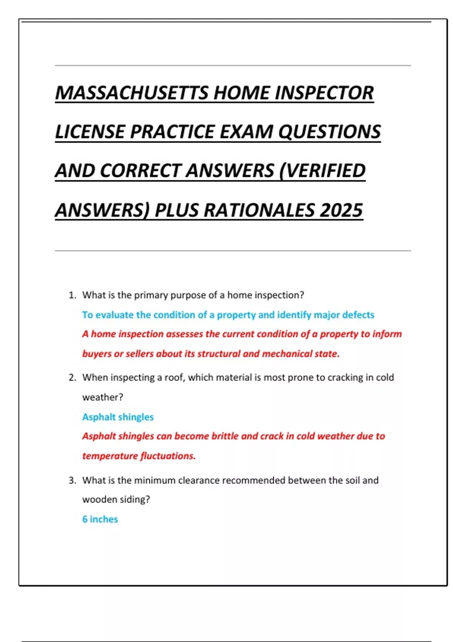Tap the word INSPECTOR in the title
coord(324,93)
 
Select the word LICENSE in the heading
coord(89,132)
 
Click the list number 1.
coord(72,295)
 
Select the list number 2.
coord(72,378)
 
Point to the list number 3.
coord(72,480)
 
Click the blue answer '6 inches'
coord(100,519)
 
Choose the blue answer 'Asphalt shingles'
coord(118,417)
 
